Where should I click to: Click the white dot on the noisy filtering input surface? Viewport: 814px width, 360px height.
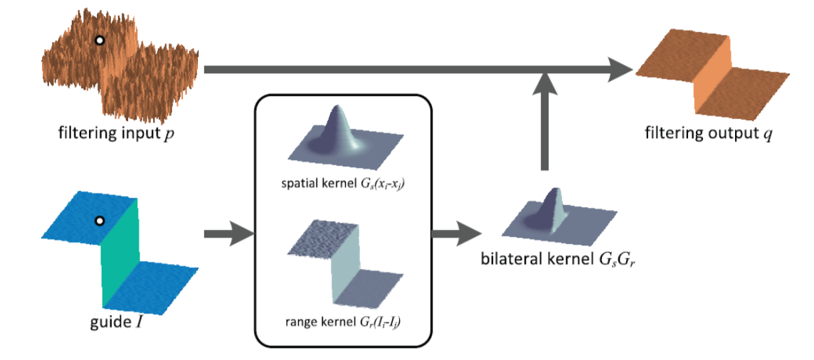coord(100,41)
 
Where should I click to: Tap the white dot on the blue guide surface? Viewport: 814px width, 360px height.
coord(101,221)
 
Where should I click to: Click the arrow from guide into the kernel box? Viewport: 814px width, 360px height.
coord(227,233)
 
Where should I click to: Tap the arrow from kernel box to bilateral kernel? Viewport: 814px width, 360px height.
coord(456,233)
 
